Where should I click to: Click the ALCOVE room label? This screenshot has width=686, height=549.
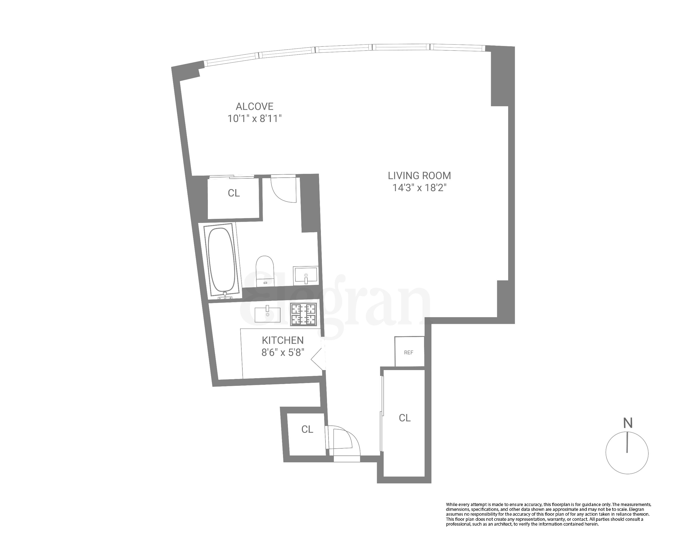(254, 106)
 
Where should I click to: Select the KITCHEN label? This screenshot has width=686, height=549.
(283, 340)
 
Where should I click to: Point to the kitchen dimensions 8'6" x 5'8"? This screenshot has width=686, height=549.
(283, 353)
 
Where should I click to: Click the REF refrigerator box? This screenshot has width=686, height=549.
(409, 352)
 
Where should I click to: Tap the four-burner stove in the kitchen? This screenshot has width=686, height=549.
(303, 314)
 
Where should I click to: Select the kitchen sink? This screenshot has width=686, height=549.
(268, 315)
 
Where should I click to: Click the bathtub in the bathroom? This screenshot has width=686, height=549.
(222, 260)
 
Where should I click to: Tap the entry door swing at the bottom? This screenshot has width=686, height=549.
(345, 441)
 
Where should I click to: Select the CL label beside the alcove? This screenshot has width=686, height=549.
(234, 193)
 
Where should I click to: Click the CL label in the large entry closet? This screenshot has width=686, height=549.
(405, 418)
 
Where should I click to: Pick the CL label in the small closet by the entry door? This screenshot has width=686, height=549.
(307, 429)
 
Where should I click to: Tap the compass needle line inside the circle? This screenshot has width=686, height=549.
(627, 443)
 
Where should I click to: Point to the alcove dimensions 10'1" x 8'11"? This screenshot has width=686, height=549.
(254, 119)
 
